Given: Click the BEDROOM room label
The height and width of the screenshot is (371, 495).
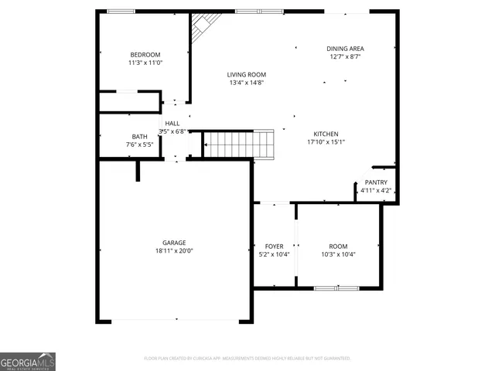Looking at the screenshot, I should (x=145, y=54).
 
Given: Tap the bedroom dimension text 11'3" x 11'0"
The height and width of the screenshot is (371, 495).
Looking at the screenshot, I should (x=145, y=63).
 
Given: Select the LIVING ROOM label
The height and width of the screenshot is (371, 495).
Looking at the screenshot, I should (x=246, y=75).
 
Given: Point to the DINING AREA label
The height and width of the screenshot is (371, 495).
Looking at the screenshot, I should (x=346, y=48).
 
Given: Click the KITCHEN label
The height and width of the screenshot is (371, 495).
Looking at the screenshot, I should (x=326, y=134).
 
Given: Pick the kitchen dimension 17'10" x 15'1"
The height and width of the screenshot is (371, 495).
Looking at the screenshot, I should (x=326, y=142).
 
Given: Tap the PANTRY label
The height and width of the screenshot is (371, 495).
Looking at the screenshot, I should (x=376, y=182).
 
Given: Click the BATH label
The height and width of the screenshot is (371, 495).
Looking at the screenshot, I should (x=139, y=136).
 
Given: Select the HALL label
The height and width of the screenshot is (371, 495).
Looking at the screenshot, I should (x=172, y=123).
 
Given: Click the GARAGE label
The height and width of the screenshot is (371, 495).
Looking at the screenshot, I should (x=175, y=242).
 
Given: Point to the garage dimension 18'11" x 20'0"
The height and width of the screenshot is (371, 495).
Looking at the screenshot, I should (x=175, y=250).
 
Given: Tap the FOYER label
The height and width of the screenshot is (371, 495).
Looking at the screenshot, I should (x=274, y=246).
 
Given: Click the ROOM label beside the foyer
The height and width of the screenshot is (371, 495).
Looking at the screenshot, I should (x=338, y=246).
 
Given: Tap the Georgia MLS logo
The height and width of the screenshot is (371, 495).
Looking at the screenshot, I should (x=28, y=362).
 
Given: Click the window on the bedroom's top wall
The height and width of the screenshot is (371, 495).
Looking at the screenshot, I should (x=121, y=11).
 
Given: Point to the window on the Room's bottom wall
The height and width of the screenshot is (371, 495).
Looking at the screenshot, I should (x=336, y=288).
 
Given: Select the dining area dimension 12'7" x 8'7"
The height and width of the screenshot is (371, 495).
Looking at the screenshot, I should (x=346, y=56).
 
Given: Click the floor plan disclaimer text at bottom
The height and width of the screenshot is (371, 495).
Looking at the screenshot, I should (x=247, y=358).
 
